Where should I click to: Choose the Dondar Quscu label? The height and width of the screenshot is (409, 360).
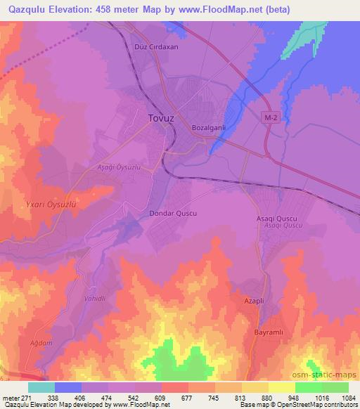coord(173,212)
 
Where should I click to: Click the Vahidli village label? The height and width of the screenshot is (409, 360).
coord(95,299)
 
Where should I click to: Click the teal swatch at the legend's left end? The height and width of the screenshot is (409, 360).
coord(41,387)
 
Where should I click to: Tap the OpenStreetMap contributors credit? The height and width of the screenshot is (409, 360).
coord(323,405)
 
